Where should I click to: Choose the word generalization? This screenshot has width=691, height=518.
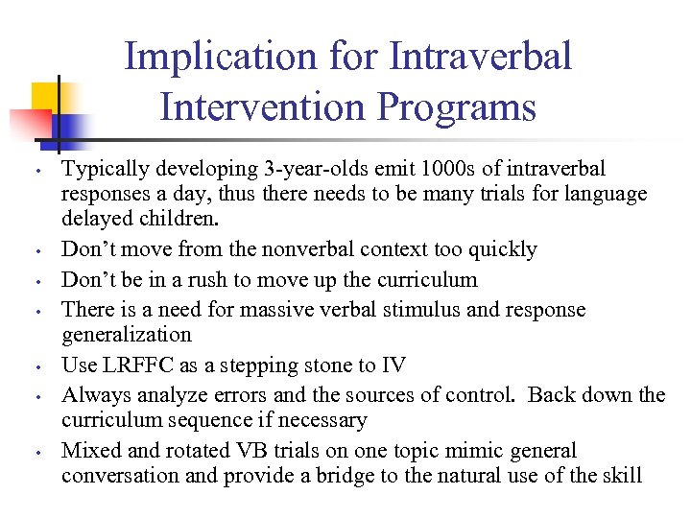(x=127, y=335)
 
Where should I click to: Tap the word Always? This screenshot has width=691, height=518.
(x=94, y=395)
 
